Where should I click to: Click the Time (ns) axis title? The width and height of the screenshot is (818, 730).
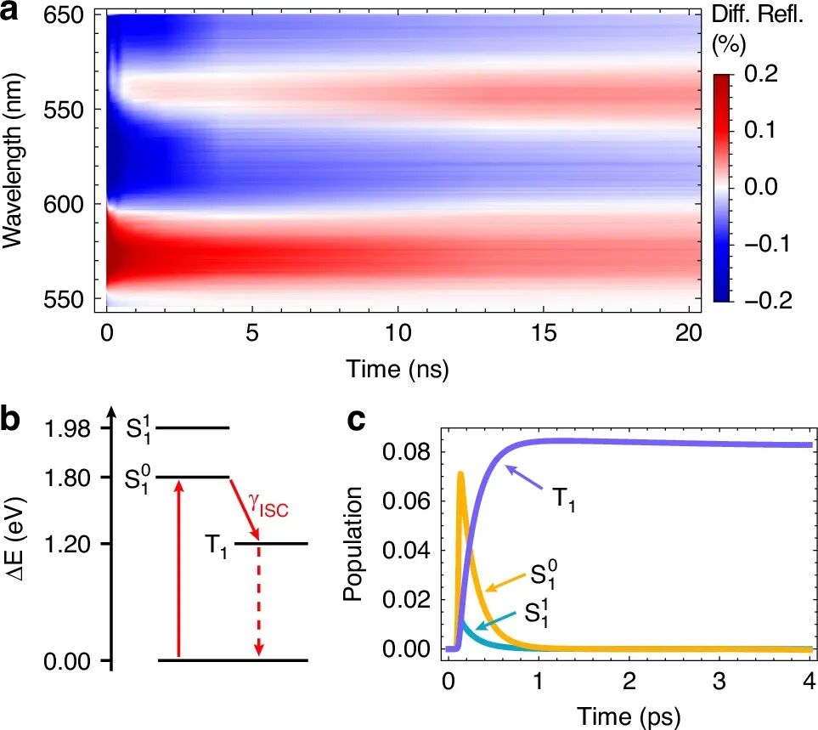pyautogui.click(x=397, y=369)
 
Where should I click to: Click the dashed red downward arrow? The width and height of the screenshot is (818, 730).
pyautogui.click(x=259, y=600)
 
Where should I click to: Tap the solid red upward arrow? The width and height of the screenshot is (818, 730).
pyautogui.click(x=178, y=569)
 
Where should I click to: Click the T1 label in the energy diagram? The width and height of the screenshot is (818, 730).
pyautogui.click(x=216, y=542)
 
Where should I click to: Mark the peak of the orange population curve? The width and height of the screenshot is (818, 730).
pyautogui.click(x=460, y=473)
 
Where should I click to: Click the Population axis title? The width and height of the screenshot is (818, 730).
pyautogui.click(x=353, y=544)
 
